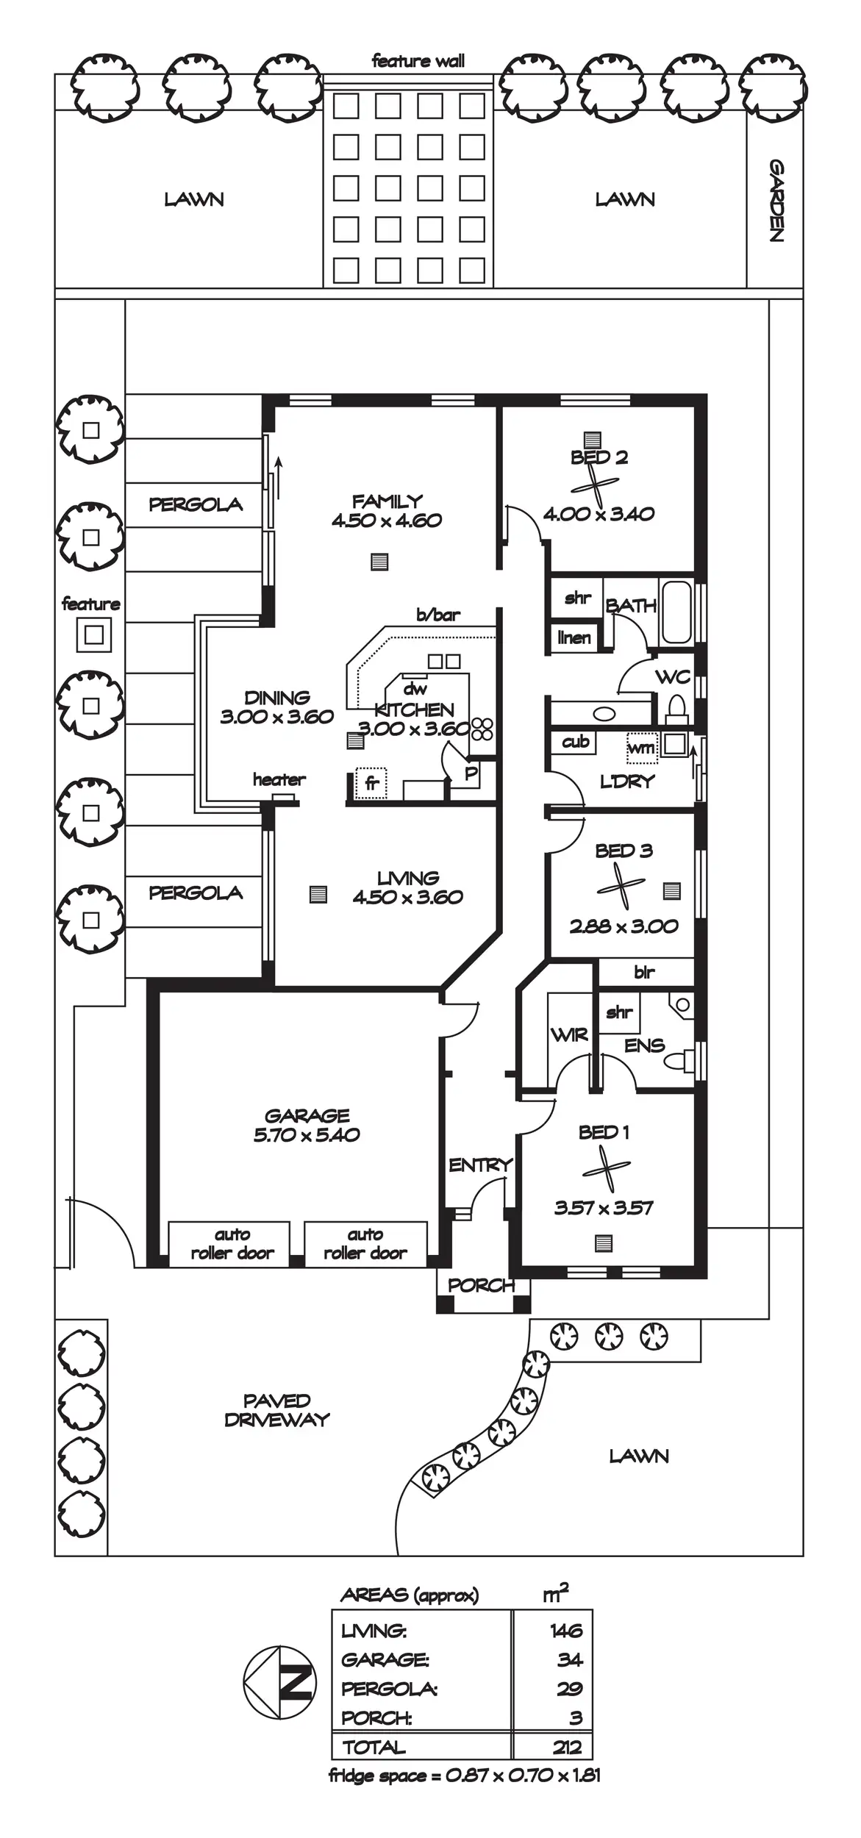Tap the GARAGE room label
(307, 1115)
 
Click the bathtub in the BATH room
(676, 612)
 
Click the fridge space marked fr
(372, 784)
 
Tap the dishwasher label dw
(415, 689)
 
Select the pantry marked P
(471, 773)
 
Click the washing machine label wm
(641, 748)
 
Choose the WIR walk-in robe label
(569, 1035)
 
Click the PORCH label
(481, 1285)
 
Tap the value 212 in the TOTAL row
(566, 1748)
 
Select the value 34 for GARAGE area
(569, 1659)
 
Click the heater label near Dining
(279, 779)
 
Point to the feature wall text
(418, 61)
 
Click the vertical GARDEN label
(776, 200)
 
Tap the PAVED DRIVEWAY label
(277, 1410)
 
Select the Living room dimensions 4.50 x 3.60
(408, 897)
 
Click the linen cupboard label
(574, 637)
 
